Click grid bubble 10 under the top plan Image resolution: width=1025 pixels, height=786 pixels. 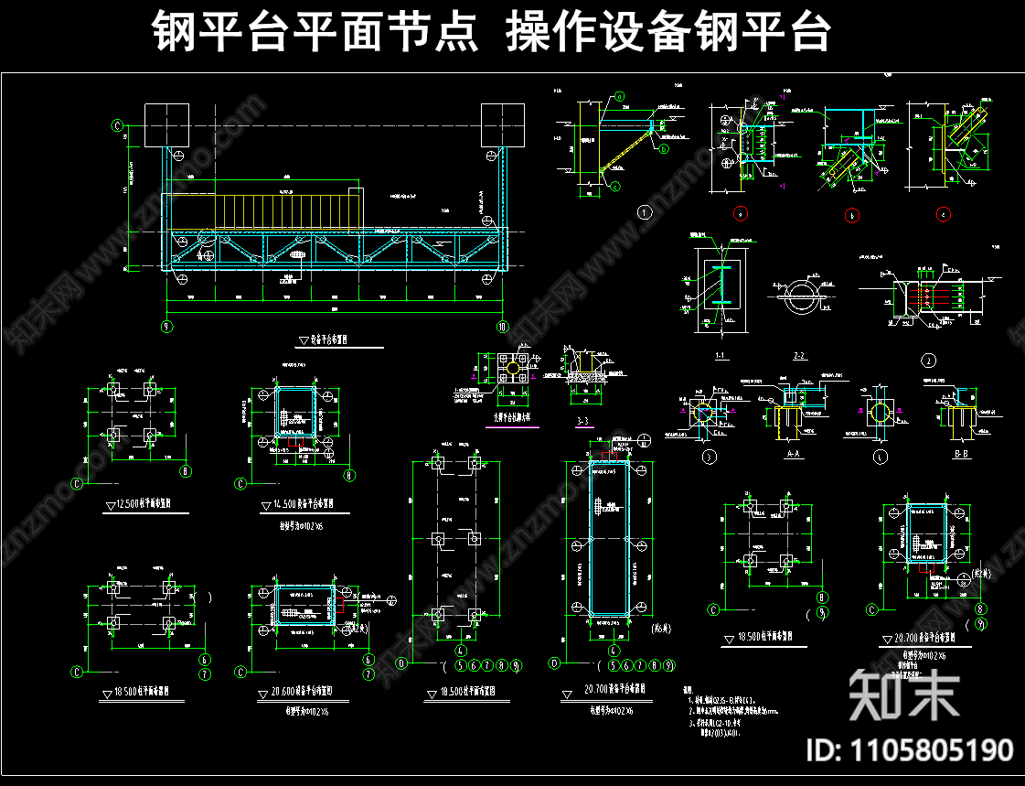[x=502, y=327]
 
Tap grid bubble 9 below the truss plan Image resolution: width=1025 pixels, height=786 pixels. [x=166, y=327]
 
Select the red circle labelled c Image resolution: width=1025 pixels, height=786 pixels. [x=943, y=215]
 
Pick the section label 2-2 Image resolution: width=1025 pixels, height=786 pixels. [x=798, y=354]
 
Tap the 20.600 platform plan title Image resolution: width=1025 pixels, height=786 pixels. [x=303, y=691]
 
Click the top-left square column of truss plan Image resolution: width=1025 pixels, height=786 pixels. [x=166, y=125]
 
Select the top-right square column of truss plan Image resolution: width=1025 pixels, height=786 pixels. [x=503, y=125]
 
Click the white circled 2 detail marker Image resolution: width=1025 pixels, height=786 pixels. [x=929, y=360]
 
